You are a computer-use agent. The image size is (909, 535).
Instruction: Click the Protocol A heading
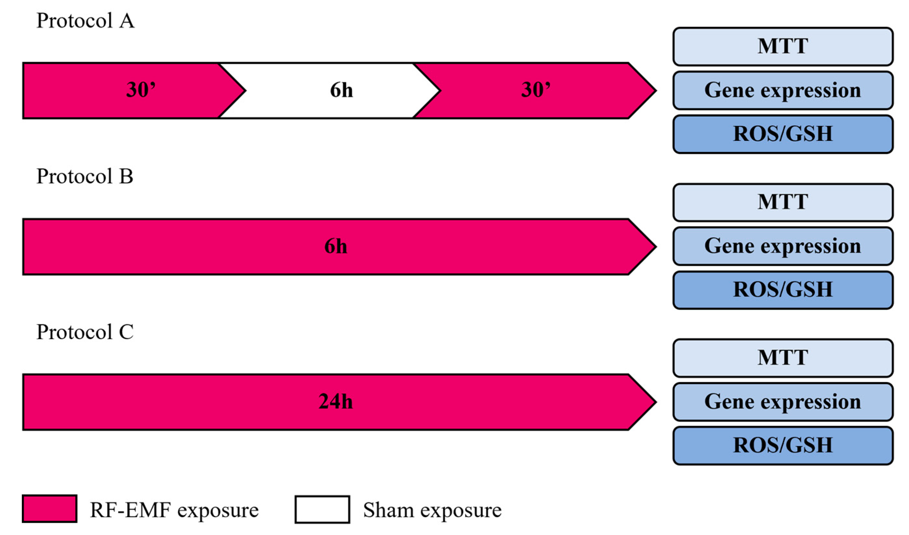(86, 21)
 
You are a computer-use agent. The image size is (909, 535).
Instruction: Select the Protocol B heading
(85, 176)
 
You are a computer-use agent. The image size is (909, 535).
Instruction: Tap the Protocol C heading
(85, 332)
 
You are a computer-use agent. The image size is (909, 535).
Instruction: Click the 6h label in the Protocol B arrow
(336, 247)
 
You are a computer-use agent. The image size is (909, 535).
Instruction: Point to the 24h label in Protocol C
(336, 402)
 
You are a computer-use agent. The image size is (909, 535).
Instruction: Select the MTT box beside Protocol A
(783, 47)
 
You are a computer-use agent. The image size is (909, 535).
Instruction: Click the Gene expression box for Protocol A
(783, 90)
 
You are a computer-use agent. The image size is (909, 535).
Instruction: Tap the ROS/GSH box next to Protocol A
(783, 134)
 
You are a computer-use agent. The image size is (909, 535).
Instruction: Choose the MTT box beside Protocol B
(783, 202)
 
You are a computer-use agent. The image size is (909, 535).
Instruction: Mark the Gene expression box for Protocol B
(783, 246)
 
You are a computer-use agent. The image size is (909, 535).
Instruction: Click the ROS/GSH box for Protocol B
(783, 290)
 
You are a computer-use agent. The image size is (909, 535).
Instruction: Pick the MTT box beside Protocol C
(783, 358)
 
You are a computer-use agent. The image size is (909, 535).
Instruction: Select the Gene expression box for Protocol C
(783, 402)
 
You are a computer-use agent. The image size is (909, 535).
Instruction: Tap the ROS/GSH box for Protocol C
(783, 446)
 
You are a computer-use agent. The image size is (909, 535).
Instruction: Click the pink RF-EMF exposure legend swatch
(49, 509)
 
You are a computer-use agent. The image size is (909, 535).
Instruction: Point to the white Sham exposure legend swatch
(322, 509)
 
